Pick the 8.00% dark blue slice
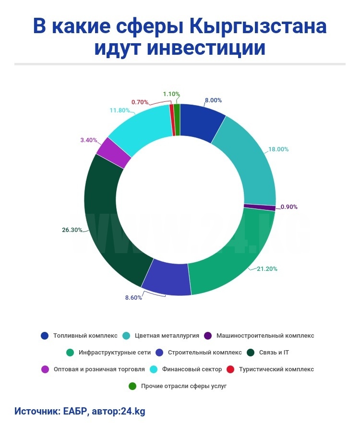(202, 120)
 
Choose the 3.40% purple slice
(114, 152)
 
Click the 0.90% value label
(289, 207)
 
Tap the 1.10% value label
(171, 94)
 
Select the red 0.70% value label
(140, 102)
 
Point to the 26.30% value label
(72, 230)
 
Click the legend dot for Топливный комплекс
(45, 336)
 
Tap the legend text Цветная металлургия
(167, 336)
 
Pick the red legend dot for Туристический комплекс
(229, 369)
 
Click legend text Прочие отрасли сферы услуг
(184, 386)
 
